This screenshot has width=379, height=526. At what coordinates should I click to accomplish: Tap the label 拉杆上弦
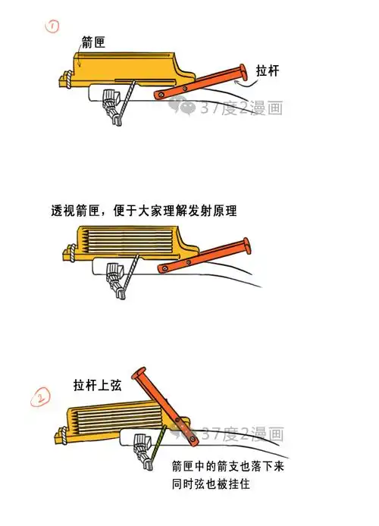[x=98, y=384]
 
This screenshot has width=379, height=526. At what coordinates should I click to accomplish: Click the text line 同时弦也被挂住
[x=211, y=483]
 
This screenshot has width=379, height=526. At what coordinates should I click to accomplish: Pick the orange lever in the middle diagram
[x=205, y=257]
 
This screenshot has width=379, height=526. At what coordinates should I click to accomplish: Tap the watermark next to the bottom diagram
[x=235, y=434]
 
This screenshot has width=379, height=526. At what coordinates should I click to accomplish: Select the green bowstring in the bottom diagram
[x=157, y=446]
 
